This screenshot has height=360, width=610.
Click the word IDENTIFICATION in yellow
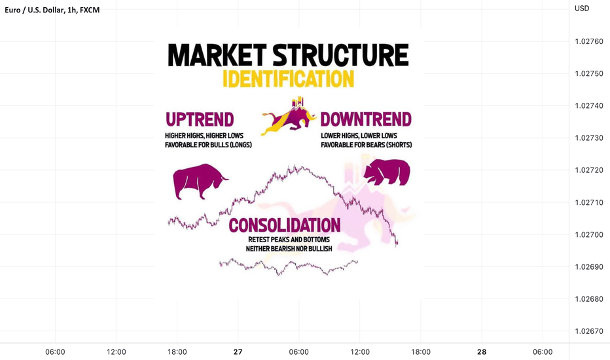[x=288, y=79]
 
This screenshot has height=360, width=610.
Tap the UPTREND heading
[x=200, y=120]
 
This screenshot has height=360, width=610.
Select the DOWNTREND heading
[x=366, y=120]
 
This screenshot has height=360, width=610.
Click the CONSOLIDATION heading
[x=284, y=225]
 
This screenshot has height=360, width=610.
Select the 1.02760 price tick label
[x=589, y=41]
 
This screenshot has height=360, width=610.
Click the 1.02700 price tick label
[x=589, y=235]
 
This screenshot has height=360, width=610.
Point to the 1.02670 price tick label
[x=589, y=331]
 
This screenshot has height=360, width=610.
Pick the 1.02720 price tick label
[x=589, y=170]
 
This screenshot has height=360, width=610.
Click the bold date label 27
[x=238, y=352]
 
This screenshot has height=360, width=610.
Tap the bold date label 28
[x=482, y=352]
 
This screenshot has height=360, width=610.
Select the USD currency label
[x=582, y=8]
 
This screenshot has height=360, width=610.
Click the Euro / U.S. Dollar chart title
[x=52, y=10]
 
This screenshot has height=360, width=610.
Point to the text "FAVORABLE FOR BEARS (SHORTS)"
[x=367, y=145]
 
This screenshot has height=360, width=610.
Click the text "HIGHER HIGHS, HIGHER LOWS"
[x=204, y=135]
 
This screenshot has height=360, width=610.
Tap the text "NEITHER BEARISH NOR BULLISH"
[x=289, y=248]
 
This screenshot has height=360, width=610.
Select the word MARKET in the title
[x=217, y=55]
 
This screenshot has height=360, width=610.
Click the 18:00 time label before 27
[x=177, y=352]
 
